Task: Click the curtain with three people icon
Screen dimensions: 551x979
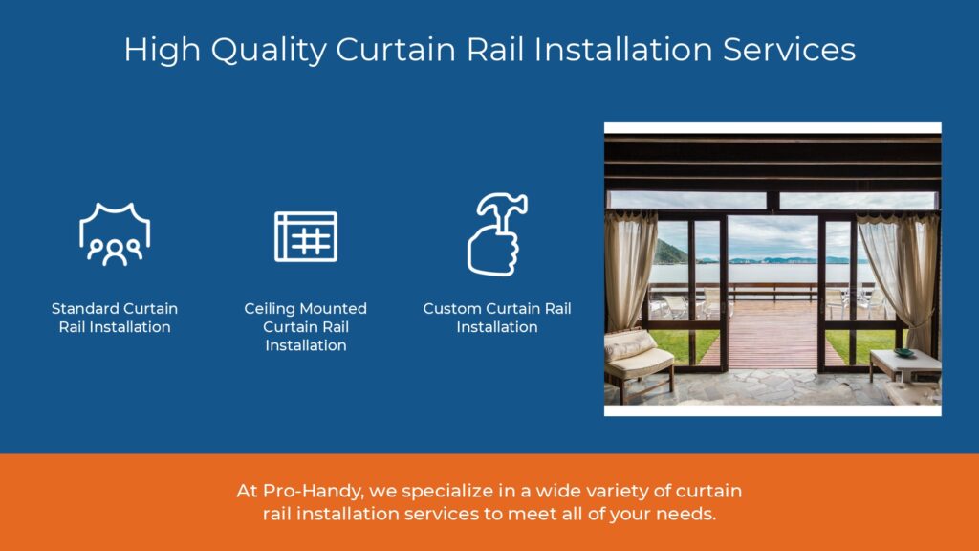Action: [115, 234]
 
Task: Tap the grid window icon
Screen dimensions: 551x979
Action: [305, 236]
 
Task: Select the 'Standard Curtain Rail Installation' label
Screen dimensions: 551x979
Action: [115, 318]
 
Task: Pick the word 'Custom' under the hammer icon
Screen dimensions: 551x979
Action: [455, 309]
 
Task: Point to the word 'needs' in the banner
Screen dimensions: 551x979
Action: [685, 514]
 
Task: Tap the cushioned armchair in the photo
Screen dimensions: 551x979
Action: [635, 359]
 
